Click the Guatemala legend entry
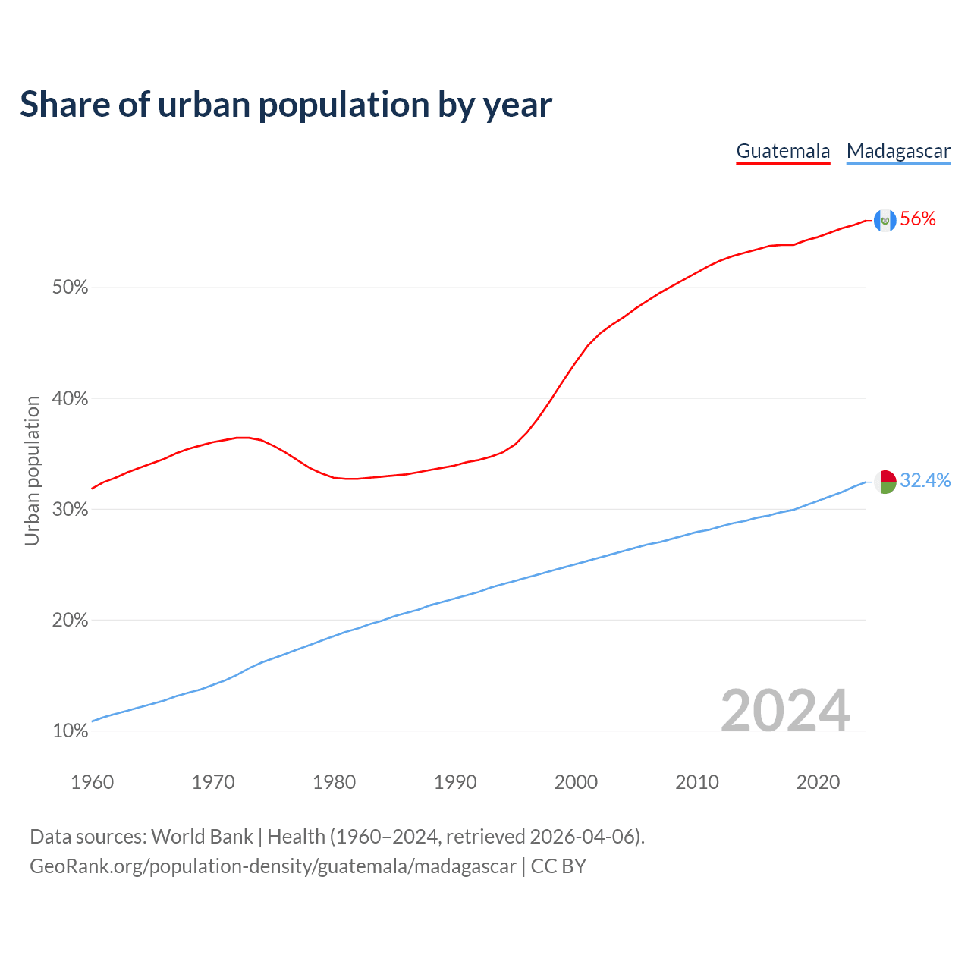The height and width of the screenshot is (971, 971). pyautogui.click(x=783, y=151)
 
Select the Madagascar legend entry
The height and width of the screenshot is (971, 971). pyautogui.click(x=898, y=151)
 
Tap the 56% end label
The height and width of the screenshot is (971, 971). pyautogui.click(x=918, y=219)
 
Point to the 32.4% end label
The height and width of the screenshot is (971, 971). pyautogui.click(x=925, y=480)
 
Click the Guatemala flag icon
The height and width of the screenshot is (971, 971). pyautogui.click(x=885, y=220)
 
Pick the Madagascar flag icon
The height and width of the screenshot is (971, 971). pyautogui.click(x=885, y=481)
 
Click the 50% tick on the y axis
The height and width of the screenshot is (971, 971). pyautogui.click(x=70, y=288)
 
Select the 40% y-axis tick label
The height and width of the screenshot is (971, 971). pyautogui.click(x=70, y=398)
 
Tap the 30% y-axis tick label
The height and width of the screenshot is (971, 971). pyautogui.click(x=70, y=509)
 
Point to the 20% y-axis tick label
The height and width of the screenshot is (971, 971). pyautogui.click(x=70, y=621)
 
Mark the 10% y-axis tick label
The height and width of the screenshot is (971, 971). pyautogui.click(x=70, y=731)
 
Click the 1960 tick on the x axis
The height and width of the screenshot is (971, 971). pyautogui.click(x=92, y=782)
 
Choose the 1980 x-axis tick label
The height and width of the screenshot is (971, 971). pyautogui.click(x=334, y=782)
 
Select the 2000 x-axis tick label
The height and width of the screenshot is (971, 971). pyautogui.click(x=576, y=782)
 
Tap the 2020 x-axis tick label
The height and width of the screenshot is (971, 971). pyautogui.click(x=818, y=782)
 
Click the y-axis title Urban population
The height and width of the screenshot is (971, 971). pyautogui.click(x=32, y=470)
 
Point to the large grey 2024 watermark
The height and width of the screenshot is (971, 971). pyautogui.click(x=785, y=711)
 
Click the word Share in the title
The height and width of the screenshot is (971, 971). pyautogui.click(x=64, y=105)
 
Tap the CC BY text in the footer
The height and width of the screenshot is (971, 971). pyautogui.click(x=558, y=866)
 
